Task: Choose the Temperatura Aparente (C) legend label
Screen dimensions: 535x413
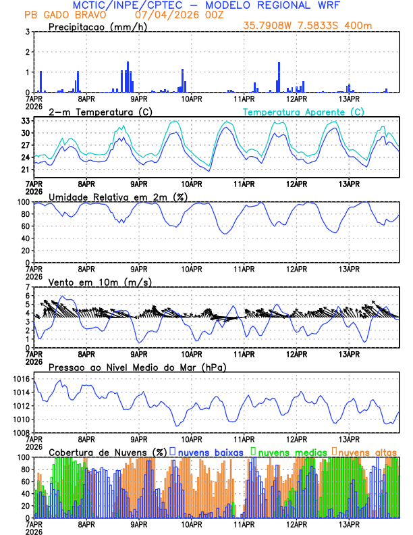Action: point(304,111)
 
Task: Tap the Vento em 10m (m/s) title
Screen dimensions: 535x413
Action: point(99,282)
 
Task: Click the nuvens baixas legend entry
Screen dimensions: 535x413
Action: point(205,451)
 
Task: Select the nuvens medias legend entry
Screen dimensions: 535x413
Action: point(286,451)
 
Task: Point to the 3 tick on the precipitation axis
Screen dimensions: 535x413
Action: point(28,32)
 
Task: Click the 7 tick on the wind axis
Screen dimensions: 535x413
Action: point(28,287)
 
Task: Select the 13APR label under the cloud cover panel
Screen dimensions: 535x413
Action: point(349,524)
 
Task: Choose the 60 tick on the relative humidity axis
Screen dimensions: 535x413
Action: point(24,226)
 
